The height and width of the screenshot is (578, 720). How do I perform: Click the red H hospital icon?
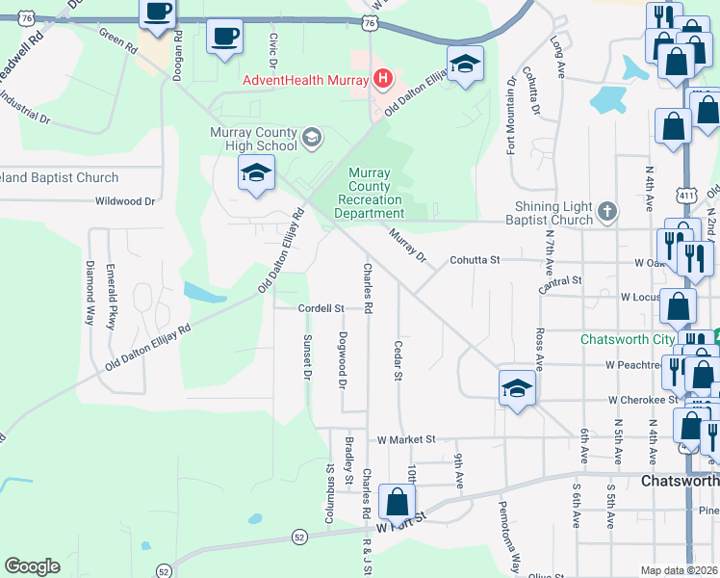click(383, 78)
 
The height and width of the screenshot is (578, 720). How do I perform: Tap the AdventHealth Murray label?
click(307, 79)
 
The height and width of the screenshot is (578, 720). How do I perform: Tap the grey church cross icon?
click(606, 211)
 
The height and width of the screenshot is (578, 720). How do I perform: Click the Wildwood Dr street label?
click(125, 202)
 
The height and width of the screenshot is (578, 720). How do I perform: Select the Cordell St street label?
click(321, 308)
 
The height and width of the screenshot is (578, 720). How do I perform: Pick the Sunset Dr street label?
click(308, 356)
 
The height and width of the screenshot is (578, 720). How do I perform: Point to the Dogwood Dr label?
click(343, 359)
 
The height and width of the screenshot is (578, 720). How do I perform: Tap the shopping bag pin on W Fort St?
click(397, 502)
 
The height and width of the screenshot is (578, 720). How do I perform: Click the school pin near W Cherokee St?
click(517, 388)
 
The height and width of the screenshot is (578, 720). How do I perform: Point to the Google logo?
click(32, 566)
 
